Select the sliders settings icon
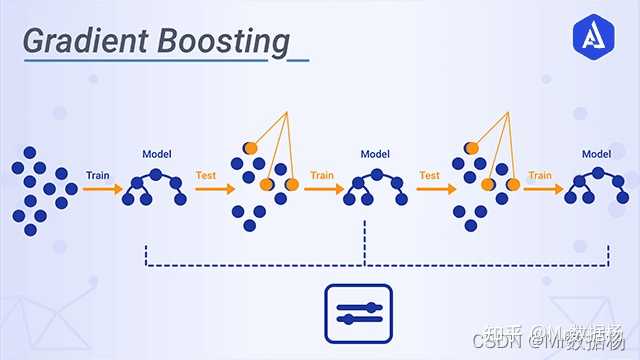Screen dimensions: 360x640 359,311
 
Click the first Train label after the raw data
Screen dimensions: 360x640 98,175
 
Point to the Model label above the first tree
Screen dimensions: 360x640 157,154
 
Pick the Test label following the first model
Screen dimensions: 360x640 207,175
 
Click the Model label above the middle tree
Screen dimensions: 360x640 375,154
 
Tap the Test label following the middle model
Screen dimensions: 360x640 429,175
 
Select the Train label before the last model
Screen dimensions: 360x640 540,175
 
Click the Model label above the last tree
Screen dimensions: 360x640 596,154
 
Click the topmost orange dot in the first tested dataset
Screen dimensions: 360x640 250,148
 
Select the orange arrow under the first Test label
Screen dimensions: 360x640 213,188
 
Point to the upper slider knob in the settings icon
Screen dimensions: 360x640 371,305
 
